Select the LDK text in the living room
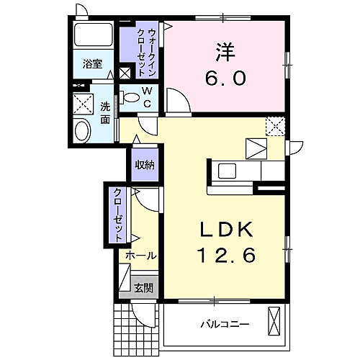[225, 230]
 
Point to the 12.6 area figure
[225, 254]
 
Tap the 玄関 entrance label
[143, 288]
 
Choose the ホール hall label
[141, 256]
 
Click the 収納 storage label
[145, 165]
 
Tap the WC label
[146, 96]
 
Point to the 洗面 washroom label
[105, 110]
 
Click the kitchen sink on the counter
[228, 171]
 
